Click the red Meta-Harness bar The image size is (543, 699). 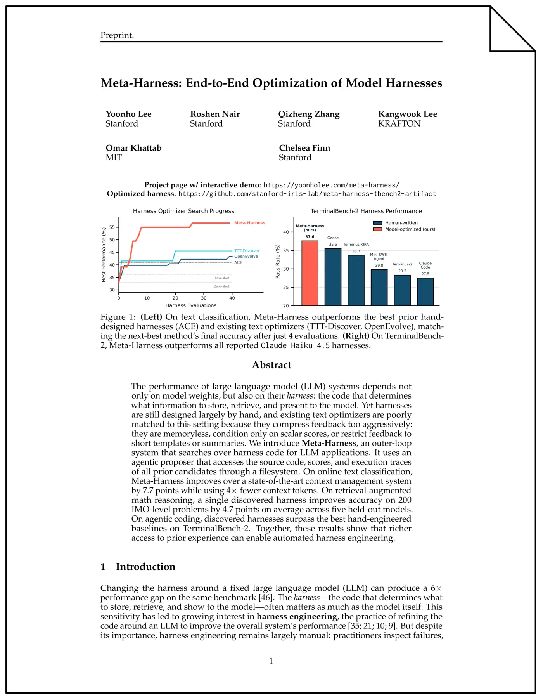(x=310, y=273)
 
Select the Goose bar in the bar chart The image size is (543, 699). (x=333, y=277)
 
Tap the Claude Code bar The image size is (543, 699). (x=425, y=291)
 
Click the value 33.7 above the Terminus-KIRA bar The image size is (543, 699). (x=356, y=251)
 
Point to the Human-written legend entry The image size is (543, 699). (x=401, y=223)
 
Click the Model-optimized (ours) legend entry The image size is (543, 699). (x=410, y=229)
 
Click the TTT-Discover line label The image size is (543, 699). (x=247, y=251)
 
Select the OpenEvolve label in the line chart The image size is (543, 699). (x=246, y=256)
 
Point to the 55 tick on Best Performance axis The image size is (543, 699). (x=112, y=227)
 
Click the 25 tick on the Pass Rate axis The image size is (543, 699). (x=286, y=288)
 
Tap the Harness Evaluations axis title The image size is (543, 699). (x=191, y=305)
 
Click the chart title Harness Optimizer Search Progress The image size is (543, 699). (x=183, y=211)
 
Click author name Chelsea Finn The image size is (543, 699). (x=304, y=148)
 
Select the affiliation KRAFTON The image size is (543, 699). (x=399, y=124)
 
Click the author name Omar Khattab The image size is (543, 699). (x=133, y=148)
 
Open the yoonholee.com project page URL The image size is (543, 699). (x=331, y=185)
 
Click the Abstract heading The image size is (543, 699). (x=271, y=365)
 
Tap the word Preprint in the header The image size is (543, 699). (x=117, y=35)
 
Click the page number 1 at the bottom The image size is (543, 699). (x=271, y=661)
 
